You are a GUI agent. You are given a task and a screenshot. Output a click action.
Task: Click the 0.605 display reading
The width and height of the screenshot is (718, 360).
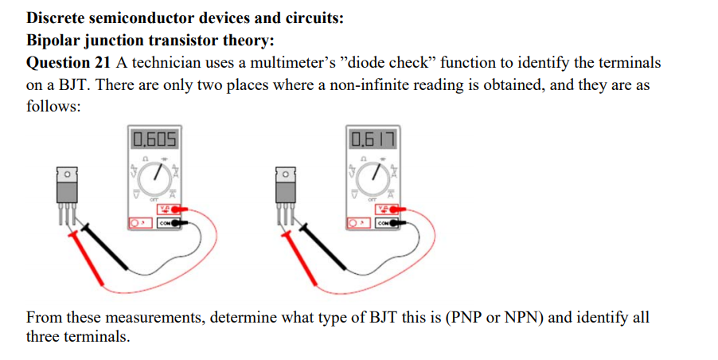pyautogui.click(x=155, y=142)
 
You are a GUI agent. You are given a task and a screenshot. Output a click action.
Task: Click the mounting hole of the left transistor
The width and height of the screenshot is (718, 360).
pyautogui.click(x=66, y=173)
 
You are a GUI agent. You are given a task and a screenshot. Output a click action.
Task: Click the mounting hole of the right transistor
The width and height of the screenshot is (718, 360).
pyautogui.click(x=286, y=173)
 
